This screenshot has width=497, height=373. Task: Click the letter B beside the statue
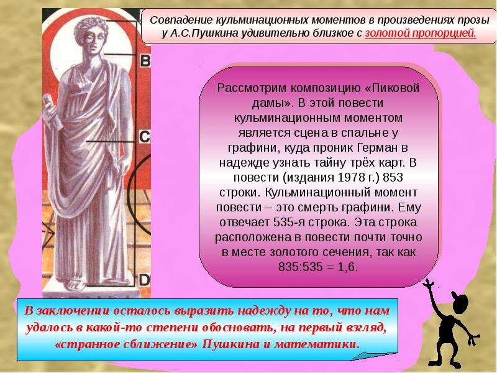pyautogui.click(x=145, y=60)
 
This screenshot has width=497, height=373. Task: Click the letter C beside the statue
pyautogui.click(x=145, y=137)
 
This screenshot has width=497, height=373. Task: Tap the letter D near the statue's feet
pyautogui.click(x=144, y=280)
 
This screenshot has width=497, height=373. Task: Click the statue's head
pyautogui.click(x=91, y=34)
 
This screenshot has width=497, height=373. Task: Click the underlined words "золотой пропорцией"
pyautogui.click(x=421, y=34)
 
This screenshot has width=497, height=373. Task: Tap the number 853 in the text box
pyautogui.click(x=393, y=177)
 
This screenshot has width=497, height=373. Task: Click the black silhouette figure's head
pyautogui.click(x=460, y=303)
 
